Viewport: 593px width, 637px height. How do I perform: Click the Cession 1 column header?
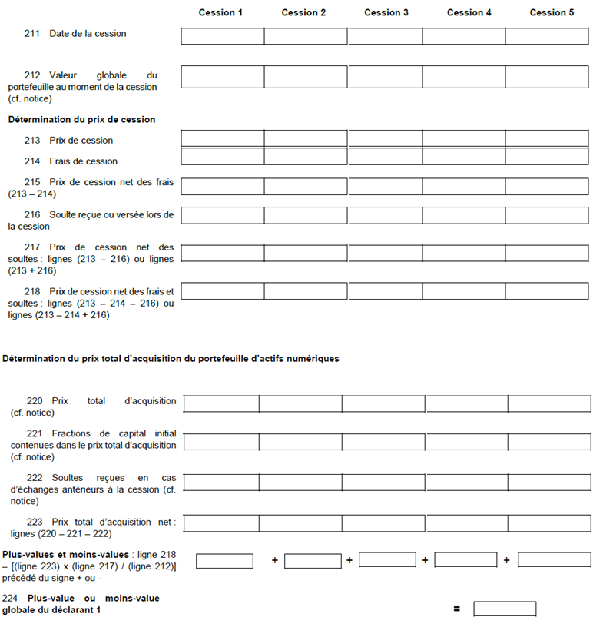[x=220, y=12]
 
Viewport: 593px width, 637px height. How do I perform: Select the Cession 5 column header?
[x=552, y=12]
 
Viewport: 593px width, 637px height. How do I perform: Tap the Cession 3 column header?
[x=386, y=12]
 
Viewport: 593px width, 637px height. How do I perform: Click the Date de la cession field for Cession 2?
[x=305, y=36]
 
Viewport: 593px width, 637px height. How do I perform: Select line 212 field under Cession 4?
[x=463, y=77]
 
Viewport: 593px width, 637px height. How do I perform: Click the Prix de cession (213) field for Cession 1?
[x=223, y=138]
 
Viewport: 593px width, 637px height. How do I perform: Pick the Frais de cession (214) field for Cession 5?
[x=548, y=157]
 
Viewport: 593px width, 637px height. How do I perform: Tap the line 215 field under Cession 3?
[x=385, y=186]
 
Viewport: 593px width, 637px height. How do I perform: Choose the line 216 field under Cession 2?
[x=305, y=219]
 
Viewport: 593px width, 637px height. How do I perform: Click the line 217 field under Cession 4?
[x=463, y=253]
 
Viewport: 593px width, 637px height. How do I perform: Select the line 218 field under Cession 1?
[x=223, y=291]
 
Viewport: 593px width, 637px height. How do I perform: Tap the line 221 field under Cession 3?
[x=383, y=442]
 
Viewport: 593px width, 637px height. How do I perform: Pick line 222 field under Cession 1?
[x=221, y=483]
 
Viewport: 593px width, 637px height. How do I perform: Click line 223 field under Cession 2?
[x=300, y=523]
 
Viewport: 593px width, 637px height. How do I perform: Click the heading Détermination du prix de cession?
[x=81, y=120]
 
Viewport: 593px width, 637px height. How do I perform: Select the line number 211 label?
[x=33, y=34]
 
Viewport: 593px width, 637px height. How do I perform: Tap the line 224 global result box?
[x=505, y=609]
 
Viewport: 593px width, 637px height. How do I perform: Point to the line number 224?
[x=11, y=599]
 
